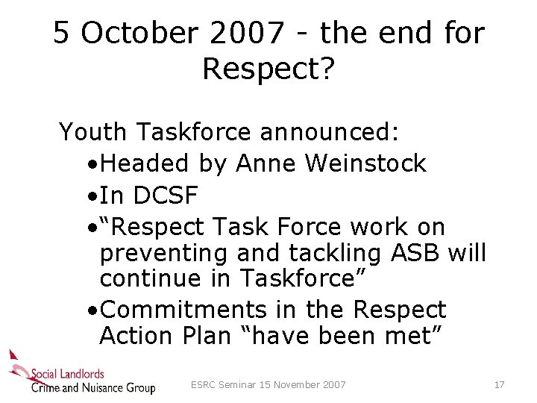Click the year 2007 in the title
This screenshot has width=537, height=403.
coord(248,34)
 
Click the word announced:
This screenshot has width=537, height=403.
coord(330,132)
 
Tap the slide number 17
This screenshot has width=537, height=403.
coord(499,385)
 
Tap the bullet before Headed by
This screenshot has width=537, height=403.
coord(89,163)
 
